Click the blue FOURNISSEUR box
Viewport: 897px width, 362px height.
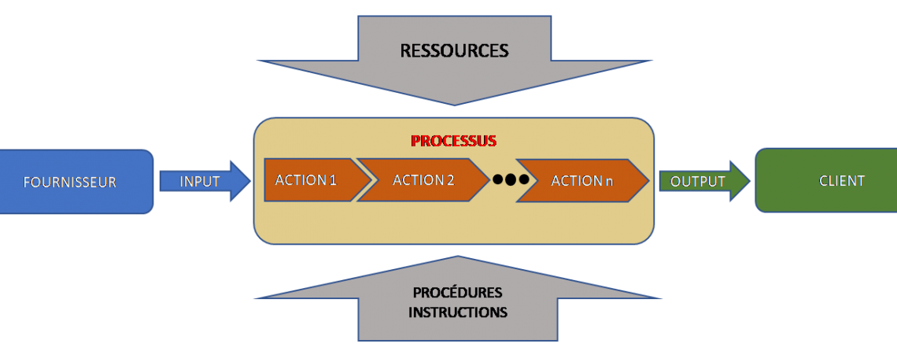pos(75,182)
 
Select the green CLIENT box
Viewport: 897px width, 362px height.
pos(826,181)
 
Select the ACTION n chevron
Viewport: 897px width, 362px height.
pos(582,180)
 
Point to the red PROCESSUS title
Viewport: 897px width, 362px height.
pos(453,142)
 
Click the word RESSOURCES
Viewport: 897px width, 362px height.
pos(454,51)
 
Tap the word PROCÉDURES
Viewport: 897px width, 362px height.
pos(457,293)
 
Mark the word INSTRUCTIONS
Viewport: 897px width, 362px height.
pos(457,312)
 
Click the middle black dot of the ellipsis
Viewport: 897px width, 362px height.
pos(510,180)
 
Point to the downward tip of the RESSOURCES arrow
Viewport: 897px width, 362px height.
pos(455,103)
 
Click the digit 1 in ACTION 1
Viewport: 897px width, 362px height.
pos(333,180)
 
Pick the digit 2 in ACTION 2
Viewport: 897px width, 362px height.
pos(450,180)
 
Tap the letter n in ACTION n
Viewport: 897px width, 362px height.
pos(609,181)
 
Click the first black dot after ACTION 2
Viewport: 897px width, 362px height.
pos(497,180)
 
